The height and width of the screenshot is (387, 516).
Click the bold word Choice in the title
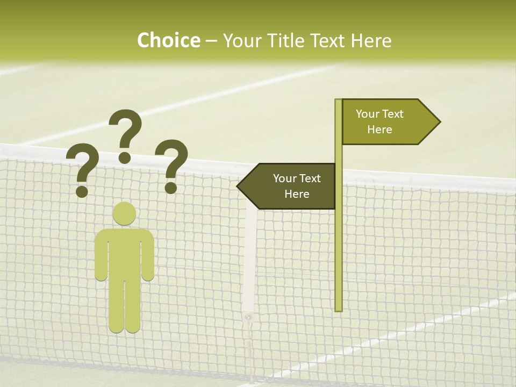(x=168, y=41)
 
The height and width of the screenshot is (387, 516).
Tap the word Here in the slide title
(x=371, y=41)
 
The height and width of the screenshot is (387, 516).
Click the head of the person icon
(x=124, y=214)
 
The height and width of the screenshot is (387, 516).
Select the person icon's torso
(x=124, y=253)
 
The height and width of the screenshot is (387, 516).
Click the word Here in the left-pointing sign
(x=297, y=194)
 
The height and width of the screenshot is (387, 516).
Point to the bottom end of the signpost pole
(x=338, y=309)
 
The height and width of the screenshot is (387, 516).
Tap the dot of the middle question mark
(x=125, y=157)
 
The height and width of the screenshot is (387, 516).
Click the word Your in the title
(x=241, y=41)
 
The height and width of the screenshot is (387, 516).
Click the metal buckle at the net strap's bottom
(x=248, y=318)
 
